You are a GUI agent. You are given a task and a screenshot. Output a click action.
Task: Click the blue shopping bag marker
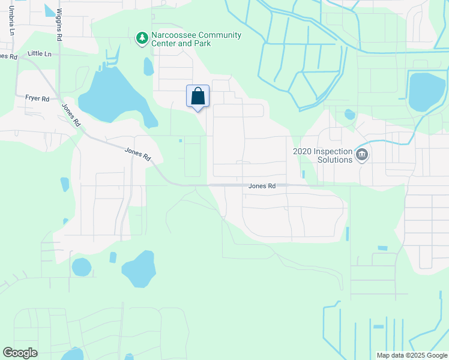tap(198, 97)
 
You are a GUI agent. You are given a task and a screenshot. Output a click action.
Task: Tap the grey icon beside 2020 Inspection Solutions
tap(361, 155)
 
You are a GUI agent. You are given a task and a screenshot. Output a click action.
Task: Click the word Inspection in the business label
tap(331, 151)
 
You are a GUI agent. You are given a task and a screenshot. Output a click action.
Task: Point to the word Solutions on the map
tap(335, 160)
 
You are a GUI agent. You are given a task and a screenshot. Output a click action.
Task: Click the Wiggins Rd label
tap(59, 25)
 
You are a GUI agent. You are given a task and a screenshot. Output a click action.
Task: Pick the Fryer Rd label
tap(37, 98)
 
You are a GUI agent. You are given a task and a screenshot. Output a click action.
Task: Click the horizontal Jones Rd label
tap(262, 186)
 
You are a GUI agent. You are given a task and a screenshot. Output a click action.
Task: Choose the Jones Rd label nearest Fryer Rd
tap(71, 114)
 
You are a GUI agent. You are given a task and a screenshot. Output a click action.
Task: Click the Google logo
tap(20, 353)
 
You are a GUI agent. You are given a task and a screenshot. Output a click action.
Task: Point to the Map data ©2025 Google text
tap(411, 355)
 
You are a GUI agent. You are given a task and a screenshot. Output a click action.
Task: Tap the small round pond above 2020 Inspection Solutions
tap(349, 114)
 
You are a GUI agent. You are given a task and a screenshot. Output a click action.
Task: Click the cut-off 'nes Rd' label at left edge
tap(8, 56)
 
